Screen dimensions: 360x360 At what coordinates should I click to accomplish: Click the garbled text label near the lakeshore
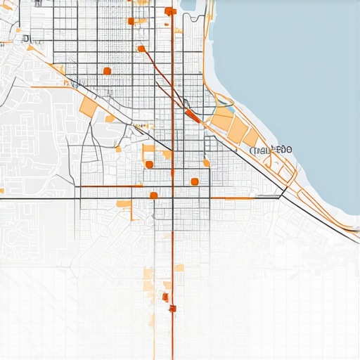tap(271, 150)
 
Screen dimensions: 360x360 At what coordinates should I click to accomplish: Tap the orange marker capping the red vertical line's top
tap(169, 11)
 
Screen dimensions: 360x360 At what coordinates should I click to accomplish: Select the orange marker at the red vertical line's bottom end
tap(172, 308)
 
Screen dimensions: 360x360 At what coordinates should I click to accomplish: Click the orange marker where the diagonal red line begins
tap(141, 49)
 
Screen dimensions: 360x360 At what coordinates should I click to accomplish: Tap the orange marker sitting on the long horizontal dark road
tap(153, 195)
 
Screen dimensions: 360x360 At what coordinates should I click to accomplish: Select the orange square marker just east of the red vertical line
tap(194, 182)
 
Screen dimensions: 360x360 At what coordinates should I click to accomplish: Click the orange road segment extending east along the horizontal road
tap(232, 198)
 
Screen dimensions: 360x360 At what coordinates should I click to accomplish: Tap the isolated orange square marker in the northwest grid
tap(107, 70)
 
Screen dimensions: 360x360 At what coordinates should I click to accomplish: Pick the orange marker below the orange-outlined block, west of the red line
tap(149, 165)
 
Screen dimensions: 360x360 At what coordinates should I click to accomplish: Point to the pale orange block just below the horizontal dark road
tap(124, 204)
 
